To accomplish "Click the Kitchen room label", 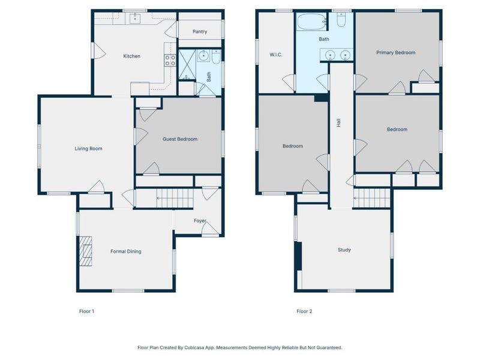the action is (x=131, y=56).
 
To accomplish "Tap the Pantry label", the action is (x=200, y=32).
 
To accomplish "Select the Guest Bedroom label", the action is (x=180, y=139).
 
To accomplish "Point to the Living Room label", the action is (x=88, y=149).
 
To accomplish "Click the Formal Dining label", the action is (x=126, y=251).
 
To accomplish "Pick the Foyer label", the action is (x=200, y=221).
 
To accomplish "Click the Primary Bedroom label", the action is (x=396, y=53).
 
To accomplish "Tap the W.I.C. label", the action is (x=276, y=55).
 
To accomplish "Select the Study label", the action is (x=344, y=250).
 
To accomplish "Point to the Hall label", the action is (x=338, y=123).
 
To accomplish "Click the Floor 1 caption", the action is (x=86, y=311).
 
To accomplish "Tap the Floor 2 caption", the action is (x=304, y=311).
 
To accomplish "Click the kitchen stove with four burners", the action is (x=170, y=60).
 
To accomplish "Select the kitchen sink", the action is (x=134, y=19).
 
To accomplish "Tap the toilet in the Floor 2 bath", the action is (x=341, y=19).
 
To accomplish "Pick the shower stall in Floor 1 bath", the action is (x=187, y=65).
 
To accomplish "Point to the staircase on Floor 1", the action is (x=175, y=198).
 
